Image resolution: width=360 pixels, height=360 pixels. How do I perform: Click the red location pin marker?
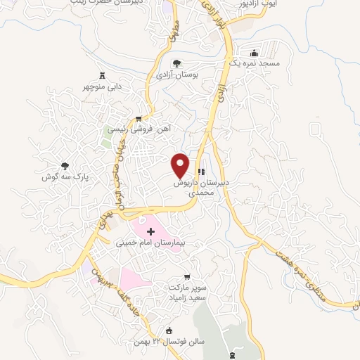click(x=181, y=165)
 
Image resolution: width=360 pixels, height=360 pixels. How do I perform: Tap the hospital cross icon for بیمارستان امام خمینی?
click(x=150, y=231)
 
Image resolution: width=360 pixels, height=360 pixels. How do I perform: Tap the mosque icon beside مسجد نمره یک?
click(x=255, y=53)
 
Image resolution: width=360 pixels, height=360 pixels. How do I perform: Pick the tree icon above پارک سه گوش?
click(x=65, y=167)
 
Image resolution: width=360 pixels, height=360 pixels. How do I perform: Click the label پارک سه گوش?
click(x=65, y=179)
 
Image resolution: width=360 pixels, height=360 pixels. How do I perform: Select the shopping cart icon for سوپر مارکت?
click(x=186, y=276)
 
